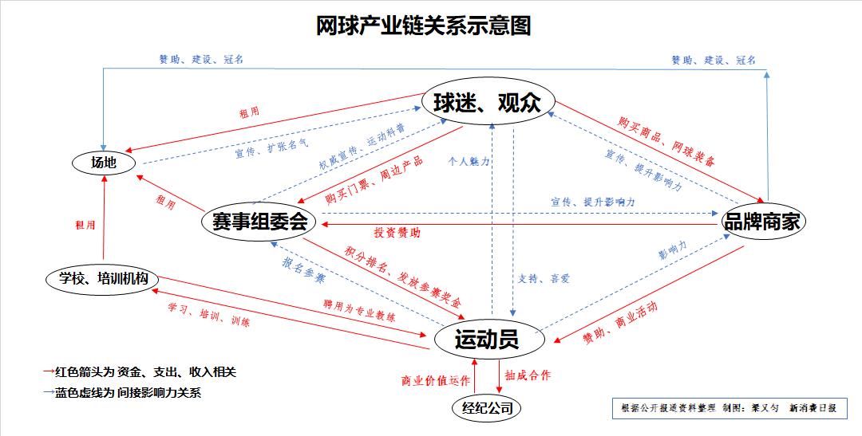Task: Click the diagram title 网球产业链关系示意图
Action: coord(423,26)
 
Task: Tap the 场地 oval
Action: coord(103,163)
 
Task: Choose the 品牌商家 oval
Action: coord(761,222)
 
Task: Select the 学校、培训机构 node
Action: coord(103,279)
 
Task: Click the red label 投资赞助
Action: coord(397,233)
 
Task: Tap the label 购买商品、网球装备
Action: coord(666,141)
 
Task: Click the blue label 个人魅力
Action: coord(469,161)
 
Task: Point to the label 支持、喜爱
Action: coord(543,278)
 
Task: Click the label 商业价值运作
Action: coord(436,380)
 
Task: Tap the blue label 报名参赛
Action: coord(303,271)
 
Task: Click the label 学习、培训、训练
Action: coord(208,316)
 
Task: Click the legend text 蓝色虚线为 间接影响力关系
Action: coord(128,392)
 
